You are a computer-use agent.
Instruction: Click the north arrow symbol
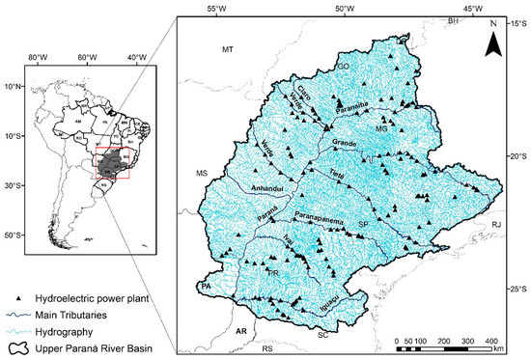tap(492, 40)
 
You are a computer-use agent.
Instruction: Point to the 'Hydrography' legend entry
tap(72, 329)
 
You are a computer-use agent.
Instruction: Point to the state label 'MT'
tap(229, 48)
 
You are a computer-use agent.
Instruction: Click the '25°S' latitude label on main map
tap(517, 289)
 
